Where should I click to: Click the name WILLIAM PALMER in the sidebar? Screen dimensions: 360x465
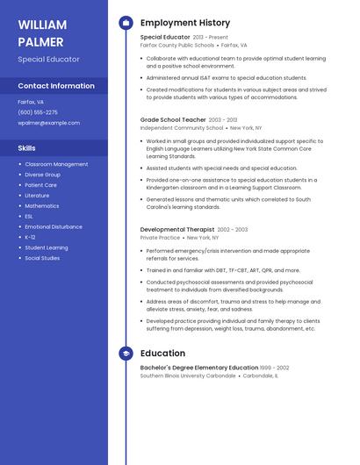42,32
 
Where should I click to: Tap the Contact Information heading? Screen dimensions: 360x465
56,86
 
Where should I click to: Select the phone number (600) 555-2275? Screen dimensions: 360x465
38,112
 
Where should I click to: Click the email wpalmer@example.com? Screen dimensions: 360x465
48,123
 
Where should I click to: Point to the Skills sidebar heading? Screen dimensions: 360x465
27,148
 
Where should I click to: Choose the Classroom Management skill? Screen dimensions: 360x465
56,164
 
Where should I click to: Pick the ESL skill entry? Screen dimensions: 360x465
29,216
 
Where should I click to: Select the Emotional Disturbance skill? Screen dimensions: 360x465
54,226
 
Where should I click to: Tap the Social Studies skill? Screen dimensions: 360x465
42,258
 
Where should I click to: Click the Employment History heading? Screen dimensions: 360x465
185,23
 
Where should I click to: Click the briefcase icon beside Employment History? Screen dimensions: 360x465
126,23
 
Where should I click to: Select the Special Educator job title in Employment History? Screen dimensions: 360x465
165,38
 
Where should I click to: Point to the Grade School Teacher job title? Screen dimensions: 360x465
173,119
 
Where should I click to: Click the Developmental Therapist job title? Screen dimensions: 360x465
177,230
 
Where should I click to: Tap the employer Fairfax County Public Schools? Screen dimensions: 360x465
176,45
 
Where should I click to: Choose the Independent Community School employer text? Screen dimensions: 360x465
181,127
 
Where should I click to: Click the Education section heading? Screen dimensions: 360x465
162,354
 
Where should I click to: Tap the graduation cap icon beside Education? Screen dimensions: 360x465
126,354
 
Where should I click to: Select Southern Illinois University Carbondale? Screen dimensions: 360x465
188,376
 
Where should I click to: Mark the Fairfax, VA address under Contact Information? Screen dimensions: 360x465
31,102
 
